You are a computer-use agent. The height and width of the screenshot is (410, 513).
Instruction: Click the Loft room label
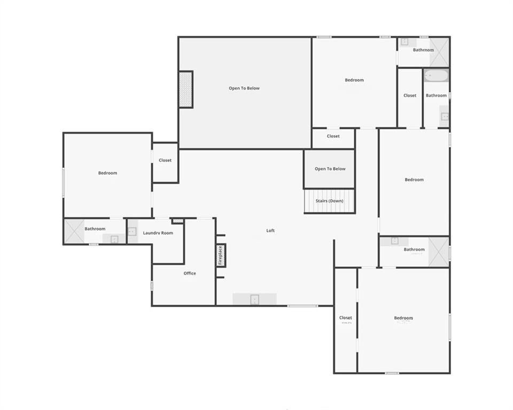270,231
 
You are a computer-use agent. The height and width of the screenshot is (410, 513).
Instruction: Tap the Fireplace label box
220,255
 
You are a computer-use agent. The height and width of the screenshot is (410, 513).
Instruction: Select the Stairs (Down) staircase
329,201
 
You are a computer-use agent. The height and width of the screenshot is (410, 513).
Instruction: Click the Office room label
190,273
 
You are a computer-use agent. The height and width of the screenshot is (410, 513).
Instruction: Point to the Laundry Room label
158,233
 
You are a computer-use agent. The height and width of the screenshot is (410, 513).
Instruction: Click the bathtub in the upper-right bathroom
436,76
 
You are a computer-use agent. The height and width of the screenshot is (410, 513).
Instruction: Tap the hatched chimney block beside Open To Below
185,89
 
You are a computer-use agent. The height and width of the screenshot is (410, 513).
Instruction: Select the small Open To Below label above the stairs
330,169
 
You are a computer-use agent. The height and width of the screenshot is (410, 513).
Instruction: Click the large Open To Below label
244,88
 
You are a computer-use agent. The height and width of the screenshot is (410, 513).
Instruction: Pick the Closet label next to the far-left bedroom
165,160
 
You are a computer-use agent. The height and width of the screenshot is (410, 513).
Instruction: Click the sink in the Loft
254,299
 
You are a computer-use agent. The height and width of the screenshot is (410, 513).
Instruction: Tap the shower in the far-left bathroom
73,231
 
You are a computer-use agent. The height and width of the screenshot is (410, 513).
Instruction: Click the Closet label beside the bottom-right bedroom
346,318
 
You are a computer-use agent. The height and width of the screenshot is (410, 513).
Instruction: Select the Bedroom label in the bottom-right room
403,318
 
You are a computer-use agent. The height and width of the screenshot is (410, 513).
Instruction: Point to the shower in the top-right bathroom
439,52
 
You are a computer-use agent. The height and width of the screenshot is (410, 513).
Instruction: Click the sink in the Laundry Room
132,232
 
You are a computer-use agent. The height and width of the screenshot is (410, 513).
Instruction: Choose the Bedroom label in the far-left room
107,173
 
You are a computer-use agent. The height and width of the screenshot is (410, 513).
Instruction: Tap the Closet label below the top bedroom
333,136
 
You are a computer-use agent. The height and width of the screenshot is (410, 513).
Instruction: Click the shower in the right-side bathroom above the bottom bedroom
439,250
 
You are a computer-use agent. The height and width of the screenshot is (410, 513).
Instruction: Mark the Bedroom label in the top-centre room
354,80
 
